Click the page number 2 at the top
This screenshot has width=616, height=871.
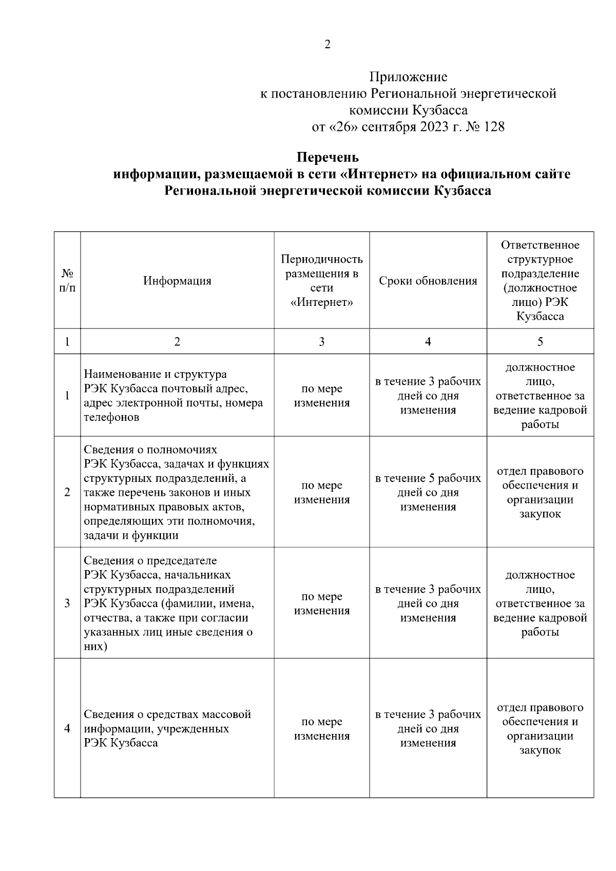328,44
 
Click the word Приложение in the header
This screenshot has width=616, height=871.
408,77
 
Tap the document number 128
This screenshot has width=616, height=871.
494,126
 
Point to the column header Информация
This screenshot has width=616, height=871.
177,281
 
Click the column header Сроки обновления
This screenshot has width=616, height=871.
428,281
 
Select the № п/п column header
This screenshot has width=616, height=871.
67,281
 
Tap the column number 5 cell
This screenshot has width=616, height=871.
540,341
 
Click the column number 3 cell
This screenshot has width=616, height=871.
321,341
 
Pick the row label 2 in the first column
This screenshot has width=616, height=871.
67,492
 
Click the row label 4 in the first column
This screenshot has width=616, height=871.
67,728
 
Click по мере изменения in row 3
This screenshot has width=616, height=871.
321,603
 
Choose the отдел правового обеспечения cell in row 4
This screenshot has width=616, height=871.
540,728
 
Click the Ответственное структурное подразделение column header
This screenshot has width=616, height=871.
540,281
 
